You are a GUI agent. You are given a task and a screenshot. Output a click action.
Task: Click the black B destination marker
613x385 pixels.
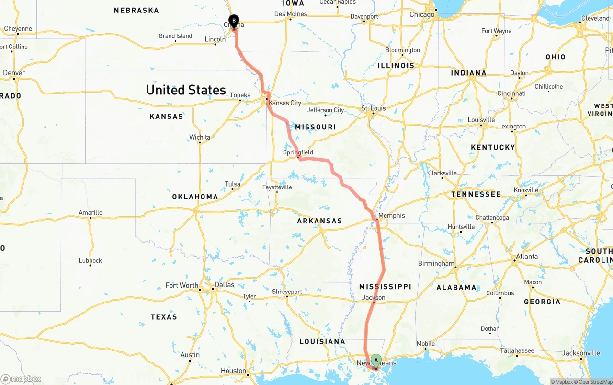pyautogui.click(x=234, y=21)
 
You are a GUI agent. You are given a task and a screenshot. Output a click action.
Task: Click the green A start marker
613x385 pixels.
pyautogui.click(x=376, y=360)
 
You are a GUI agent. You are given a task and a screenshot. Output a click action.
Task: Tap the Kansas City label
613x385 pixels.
pyautogui.click(x=285, y=103)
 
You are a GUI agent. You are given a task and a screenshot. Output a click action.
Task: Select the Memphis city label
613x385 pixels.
pyautogui.click(x=392, y=216)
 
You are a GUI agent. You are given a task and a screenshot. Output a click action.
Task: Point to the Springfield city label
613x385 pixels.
pyautogui.click(x=298, y=152)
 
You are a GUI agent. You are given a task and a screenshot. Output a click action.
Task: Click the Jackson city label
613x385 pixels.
pyautogui.click(x=374, y=298)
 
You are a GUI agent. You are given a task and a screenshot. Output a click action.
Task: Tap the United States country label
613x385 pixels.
pyautogui.click(x=186, y=90)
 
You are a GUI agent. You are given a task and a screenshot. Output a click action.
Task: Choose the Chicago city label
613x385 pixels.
pyautogui.click(x=422, y=14)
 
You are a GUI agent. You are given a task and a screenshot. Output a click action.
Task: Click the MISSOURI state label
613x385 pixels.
pyautogui.click(x=316, y=127)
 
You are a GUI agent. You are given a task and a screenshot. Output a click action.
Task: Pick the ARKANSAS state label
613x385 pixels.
pyautogui.click(x=319, y=221)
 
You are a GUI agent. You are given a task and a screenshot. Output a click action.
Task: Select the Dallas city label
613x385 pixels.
pyautogui.click(x=224, y=285)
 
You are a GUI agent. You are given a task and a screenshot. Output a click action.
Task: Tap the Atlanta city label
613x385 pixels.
pyautogui.click(x=527, y=257)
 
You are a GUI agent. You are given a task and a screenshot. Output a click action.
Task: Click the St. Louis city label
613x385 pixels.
pyautogui.click(x=374, y=108)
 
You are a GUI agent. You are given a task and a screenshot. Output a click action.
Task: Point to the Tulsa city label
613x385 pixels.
pyautogui.click(x=232, y=184)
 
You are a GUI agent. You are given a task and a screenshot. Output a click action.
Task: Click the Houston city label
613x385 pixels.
pyautogui.click(x=233, y=371)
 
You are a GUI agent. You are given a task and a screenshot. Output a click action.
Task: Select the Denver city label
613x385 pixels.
pyautogui.click(x=14, y=73)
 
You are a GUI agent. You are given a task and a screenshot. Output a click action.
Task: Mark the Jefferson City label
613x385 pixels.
pyautogui.click(x=326, y=110)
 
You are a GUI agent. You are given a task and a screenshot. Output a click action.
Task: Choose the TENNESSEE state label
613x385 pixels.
pyautogui.click(x=476, y=194)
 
